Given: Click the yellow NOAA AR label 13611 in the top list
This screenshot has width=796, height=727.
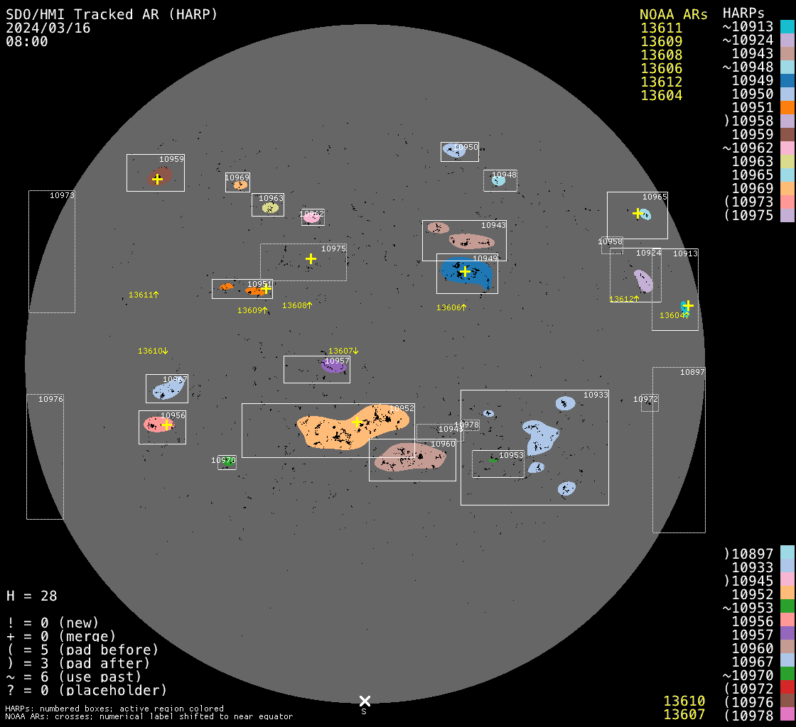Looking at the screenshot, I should (x=661, y=28).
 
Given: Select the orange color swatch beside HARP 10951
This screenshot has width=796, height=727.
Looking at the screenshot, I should (x=787, y=107).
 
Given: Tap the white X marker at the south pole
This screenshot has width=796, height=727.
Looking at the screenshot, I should (x=365, y=701).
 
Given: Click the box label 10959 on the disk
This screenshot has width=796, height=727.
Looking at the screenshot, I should (x=171, y=160).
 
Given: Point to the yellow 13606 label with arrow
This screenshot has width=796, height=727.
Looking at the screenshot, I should (x=451, y=307).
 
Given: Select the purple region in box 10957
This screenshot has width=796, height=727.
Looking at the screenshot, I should (x=333, y=366).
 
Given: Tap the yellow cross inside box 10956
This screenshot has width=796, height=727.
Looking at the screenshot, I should (x=166, y=425).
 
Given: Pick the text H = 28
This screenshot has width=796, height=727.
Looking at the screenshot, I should (x=31, y=596).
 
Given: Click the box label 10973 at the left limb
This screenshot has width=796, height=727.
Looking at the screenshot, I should (x=62, y=195).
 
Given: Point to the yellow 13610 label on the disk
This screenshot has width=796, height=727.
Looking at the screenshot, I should (x=153, y=351).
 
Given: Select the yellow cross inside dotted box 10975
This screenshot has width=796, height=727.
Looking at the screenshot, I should (x=311, y=258).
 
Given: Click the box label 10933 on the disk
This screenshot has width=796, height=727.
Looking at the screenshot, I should (x=596, y=395).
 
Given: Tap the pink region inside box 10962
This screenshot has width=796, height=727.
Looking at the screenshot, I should (x=311, y=218).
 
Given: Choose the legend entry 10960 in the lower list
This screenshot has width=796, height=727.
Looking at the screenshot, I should (x=752, y=647).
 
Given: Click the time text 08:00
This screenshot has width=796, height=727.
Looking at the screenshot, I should (x=26, y=41).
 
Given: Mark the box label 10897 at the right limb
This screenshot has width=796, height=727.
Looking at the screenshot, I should (x=692, y=372).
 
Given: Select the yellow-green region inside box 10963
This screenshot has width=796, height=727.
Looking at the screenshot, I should (x=269, y=208).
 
